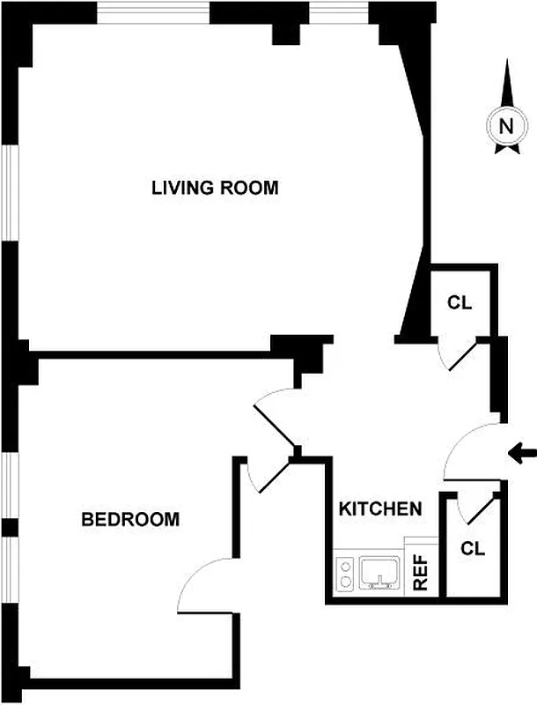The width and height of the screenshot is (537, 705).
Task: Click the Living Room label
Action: coord(215,188)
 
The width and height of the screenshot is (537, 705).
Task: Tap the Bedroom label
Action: coord(129,519)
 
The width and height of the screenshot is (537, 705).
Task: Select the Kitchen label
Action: coord(380,509)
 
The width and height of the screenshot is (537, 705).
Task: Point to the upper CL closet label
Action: coord(460,303)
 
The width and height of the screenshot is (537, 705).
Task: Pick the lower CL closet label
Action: coord(473,548)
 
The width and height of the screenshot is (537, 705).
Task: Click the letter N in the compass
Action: coord(505,126)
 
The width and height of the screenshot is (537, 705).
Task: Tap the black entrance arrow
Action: coord(523,454)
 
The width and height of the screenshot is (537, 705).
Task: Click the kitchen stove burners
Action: coord(345,573)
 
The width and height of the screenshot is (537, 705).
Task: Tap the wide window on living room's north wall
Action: coord(152,11)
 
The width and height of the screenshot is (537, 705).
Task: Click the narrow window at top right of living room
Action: coord(338,11)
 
